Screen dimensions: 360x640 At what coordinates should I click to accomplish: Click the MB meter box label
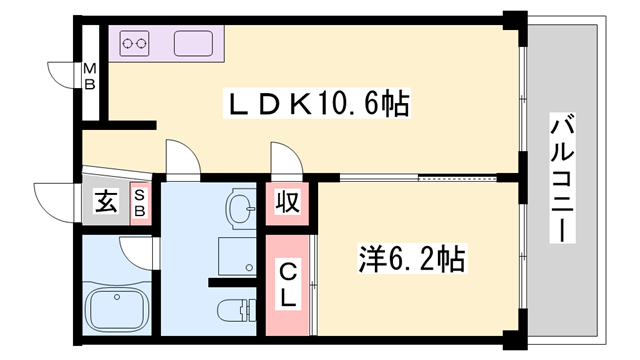(x=89, y=76)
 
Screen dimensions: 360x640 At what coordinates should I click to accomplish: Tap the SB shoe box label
(x=139, y=203)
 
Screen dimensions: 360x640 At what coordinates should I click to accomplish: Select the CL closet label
(x=287, y=284)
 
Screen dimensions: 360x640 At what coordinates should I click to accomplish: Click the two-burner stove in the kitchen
(x=134, y=44)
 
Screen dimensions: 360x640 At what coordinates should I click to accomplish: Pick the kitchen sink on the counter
(x=194, y=44)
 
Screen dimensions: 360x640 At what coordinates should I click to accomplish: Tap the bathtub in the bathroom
(x=117, y=304)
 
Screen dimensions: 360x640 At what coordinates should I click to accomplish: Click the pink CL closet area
(x=287, y=300)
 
